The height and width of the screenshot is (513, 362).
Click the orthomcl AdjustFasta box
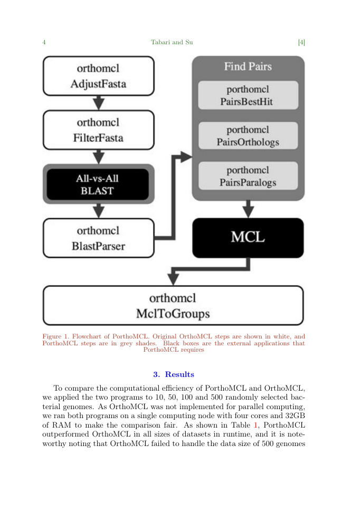[x=99, y=76]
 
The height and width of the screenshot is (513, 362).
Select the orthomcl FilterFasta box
[x=99, y=130]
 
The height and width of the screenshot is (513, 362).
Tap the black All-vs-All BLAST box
[x=98, y=185]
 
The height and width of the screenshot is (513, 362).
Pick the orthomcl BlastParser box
[x=99, y=238]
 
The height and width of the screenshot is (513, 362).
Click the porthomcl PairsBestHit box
[x=248, y=95]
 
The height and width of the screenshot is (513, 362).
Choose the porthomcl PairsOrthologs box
[x=248, y=136]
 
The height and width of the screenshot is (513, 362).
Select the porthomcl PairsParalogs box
[x=248, y=176]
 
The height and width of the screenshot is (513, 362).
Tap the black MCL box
[x=248, y=238]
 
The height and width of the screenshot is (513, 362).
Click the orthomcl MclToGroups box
[x=173, y=306]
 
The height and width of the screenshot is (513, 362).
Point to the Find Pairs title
[x=248, y=66]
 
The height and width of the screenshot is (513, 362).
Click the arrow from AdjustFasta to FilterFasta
[x=99, y=103]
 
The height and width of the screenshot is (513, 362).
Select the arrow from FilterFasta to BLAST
[x=99, y=157]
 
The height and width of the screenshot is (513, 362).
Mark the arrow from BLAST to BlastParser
[x=99, y=211]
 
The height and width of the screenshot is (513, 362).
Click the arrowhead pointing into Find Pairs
[x=186, y=157]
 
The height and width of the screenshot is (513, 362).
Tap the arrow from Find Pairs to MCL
[x=248, y=209]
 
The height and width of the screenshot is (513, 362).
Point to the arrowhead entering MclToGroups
[x=173, y=280]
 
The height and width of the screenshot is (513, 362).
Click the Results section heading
[x=174, y=374]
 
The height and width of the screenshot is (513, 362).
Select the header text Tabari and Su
[x=172, y=42]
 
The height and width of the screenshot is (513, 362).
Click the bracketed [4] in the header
[x=301, y=42]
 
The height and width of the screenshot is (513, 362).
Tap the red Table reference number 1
[x=255, y=425]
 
